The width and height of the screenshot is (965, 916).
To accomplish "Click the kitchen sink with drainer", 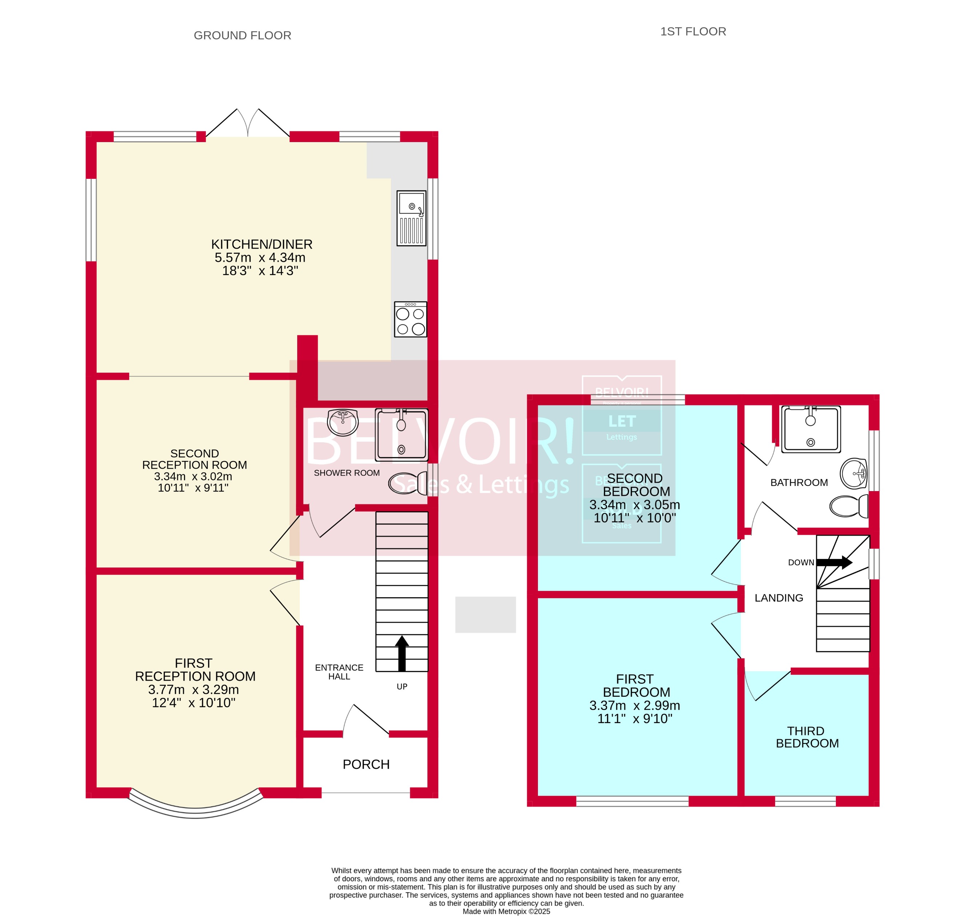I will (411, 218).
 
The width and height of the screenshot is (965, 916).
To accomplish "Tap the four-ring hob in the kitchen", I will (410, 320).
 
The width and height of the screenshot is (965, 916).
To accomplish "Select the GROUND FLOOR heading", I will (242, 36).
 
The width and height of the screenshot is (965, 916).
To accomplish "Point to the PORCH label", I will (366, 764).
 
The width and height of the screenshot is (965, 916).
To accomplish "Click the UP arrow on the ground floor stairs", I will (402, 653).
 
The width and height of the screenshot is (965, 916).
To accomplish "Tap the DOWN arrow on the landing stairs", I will (834, 562).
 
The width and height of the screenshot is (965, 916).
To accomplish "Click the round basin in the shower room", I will (343, 422).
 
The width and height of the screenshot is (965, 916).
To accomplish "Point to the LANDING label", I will (778, 598).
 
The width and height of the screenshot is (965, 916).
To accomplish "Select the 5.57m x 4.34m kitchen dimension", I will (260, 257).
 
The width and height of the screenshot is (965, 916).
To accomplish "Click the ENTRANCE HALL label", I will (339, 672).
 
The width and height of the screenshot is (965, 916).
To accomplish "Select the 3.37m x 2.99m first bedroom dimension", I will (634, 705).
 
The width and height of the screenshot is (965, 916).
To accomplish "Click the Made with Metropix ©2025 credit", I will (506, 911).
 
